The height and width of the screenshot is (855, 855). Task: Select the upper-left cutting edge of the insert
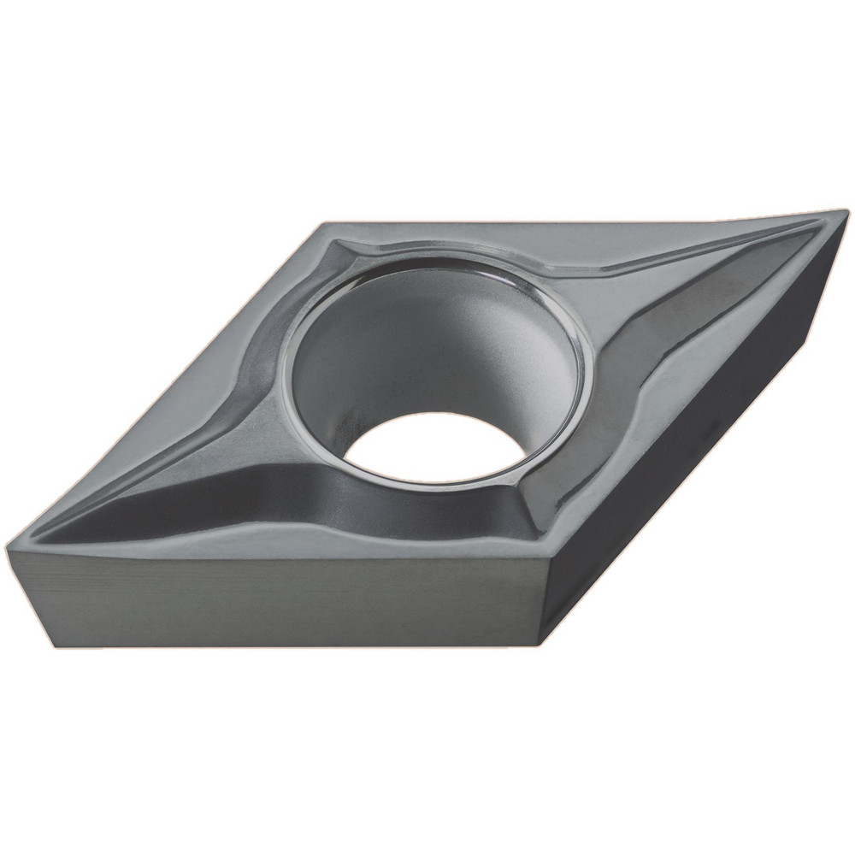point(162,385)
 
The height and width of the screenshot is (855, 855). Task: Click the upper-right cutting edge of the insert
point(581,218)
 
